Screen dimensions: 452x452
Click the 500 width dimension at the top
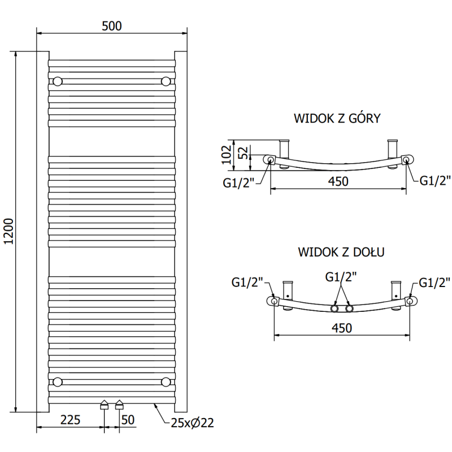coord(112,25)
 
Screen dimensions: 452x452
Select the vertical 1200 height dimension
coord(8,231)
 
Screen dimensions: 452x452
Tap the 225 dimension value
coord(70,419)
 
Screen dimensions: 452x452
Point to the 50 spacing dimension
coord(129,419)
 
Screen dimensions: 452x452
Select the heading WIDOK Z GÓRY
coord(337,118)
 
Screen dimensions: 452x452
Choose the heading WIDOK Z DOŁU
coord(341,252)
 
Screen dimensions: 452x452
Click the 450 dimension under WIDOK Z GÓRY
coord(338,181)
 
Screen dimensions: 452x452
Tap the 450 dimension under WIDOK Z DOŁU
coord(341,328)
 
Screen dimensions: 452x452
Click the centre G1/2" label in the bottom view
coord(341,277)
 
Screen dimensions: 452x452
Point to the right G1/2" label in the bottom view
coord(433,282)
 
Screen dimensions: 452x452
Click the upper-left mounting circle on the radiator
coord(57,82)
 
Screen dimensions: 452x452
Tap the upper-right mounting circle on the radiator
coord(166,82)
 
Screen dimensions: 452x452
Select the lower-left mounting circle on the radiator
coord(57,382)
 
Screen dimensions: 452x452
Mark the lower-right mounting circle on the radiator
coord(166,382)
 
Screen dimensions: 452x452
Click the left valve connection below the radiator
coord(104,405)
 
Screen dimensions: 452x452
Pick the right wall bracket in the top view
coord(393,149)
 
